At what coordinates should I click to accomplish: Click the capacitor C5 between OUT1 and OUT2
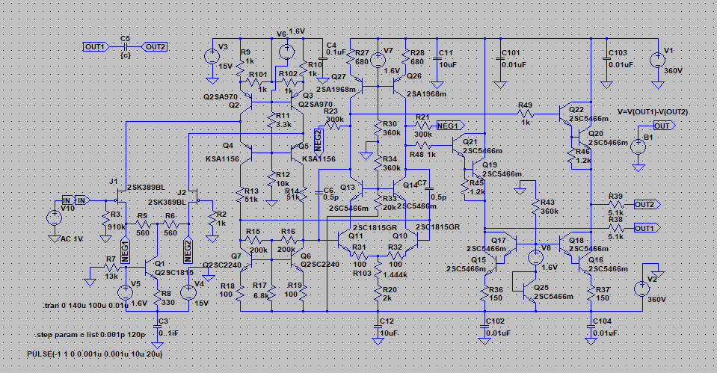pos(125,46)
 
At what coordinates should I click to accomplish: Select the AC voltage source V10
pos(54,219)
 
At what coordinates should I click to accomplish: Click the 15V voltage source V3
pos(212,57)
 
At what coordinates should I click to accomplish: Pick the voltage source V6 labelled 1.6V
pos(285,52)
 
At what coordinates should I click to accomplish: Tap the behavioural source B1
pos(637,146)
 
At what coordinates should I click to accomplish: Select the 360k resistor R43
pos(536,211)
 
